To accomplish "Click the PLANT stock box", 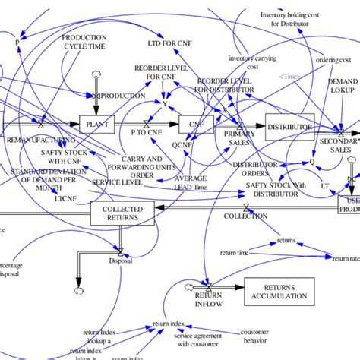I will pyautogui.click(x=99, y=122).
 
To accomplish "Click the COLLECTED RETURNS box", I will pyautogui.click(x=122, y=213).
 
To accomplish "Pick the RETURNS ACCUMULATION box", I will pyautogui.click(x=278, y=290).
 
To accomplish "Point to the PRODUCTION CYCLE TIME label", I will pyautogui.click(x=84, y=41).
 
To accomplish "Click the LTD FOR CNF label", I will pyautogui.click(x=169, y=44).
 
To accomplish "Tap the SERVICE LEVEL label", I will pyautogui.click(x=114, y=183).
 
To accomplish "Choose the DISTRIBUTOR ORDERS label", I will pyautogui.click(x=254, y=168).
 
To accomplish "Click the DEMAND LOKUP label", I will pyautogui.click(x=342, y=85).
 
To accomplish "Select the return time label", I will pyautogui.click(x=232, y=253).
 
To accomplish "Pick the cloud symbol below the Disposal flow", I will pyautogui.click(x=79, y=289).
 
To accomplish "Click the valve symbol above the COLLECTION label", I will pyautogui.click(x=245, y=207).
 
